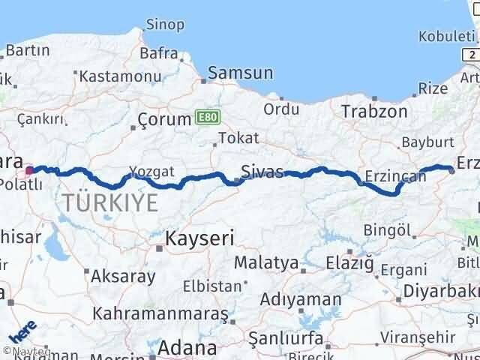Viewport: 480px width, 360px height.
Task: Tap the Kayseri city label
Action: coord(199,239)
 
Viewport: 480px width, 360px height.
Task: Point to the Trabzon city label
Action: coord(374,112)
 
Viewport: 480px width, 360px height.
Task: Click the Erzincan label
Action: coord(394,177)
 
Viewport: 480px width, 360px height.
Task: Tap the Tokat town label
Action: coord(238,138)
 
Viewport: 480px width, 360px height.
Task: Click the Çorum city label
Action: coord(166,119)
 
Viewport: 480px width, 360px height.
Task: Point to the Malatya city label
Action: coord(266,264)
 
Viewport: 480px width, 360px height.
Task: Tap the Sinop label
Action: coord(164,25)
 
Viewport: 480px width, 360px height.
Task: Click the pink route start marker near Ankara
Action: coord(29,170)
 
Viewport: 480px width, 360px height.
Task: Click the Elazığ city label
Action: coord(349,263)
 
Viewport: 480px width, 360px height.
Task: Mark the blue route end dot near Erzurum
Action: coord(451,170)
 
